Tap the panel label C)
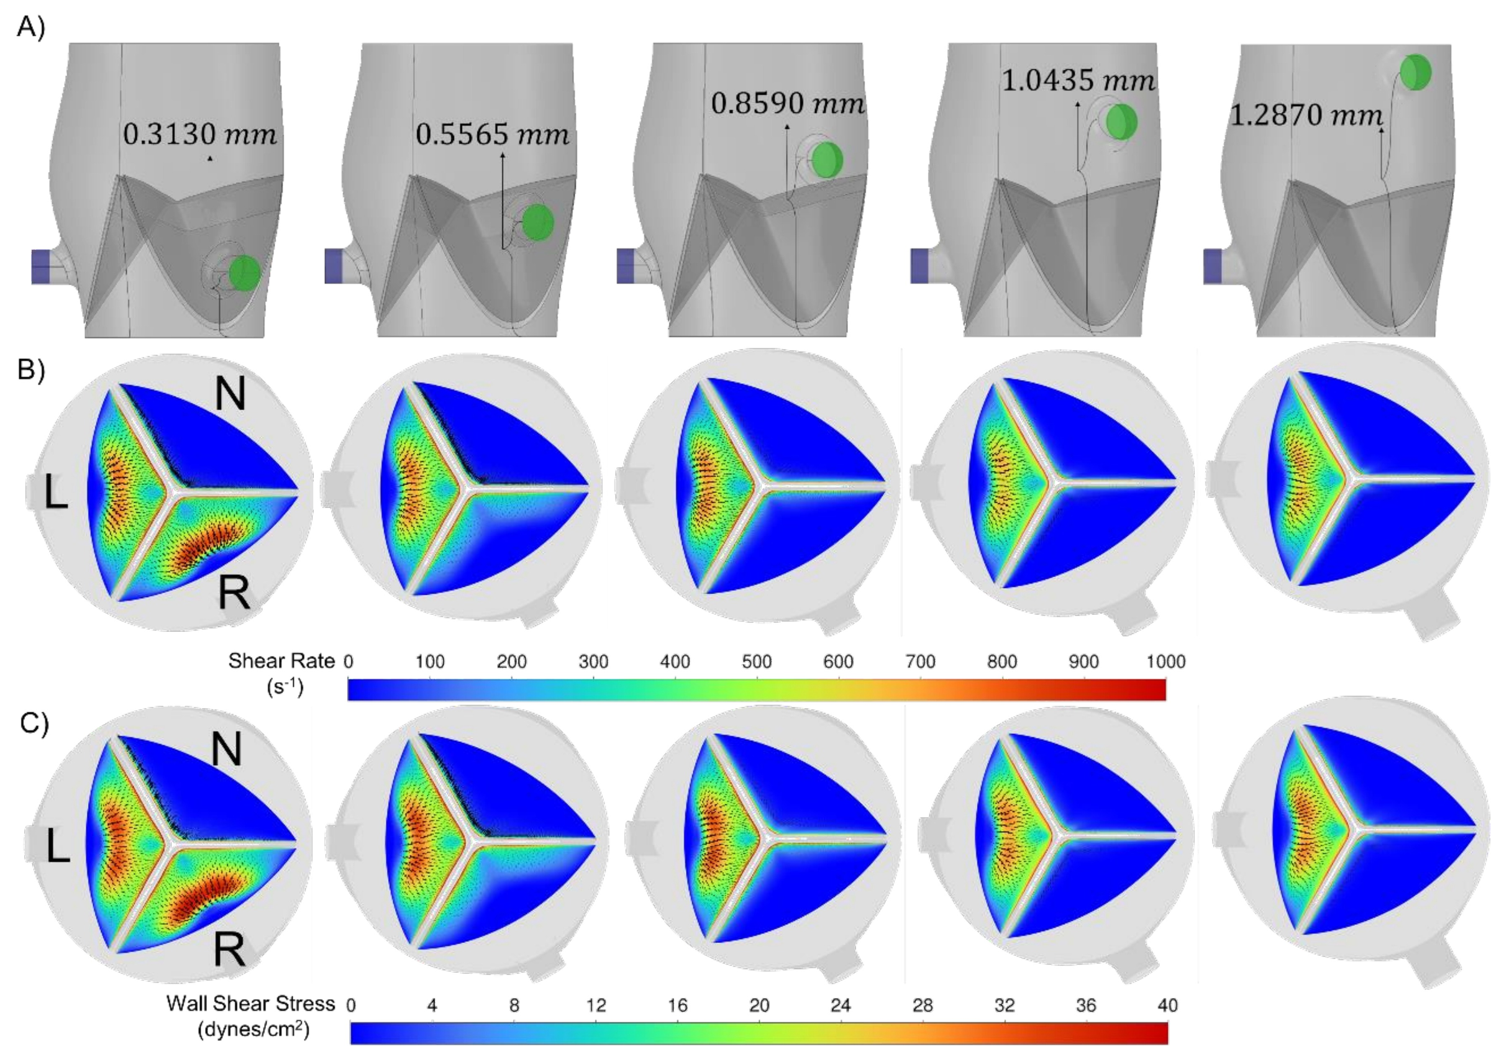[x=34, y=723]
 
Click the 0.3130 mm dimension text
[x=199, y=134]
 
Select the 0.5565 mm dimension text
[x=492, y=134]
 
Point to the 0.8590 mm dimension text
[x=788, y=103]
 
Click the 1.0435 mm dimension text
[x=1078, y=81]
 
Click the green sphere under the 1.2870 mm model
[x=1415, y=72]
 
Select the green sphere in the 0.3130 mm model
[x=244, y=272]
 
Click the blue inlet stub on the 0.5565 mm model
[x=333, y=266]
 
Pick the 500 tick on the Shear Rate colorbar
[x=757, y=661]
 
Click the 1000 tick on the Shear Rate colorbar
[x=1165, y=661]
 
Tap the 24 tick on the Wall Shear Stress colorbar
[x=841, y=1006]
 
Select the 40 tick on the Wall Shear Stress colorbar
[x=1167, y=1006]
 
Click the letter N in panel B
[x=230, y=394]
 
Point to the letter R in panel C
[x=229, y=950]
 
